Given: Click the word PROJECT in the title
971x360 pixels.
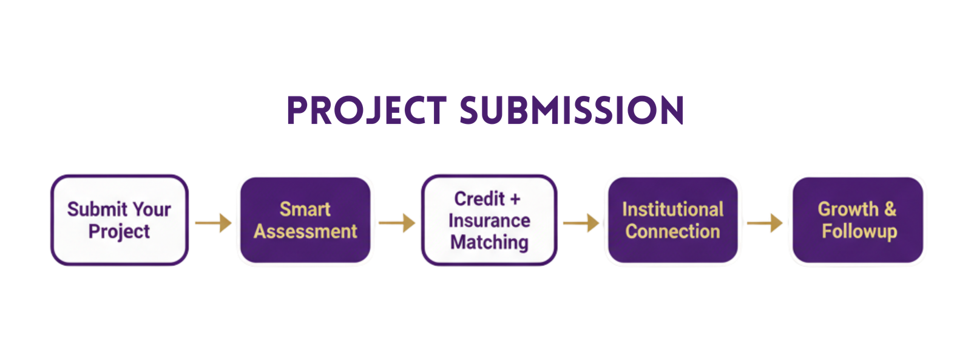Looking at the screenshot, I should coord(366,111).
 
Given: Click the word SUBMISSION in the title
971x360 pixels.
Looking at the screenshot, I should coord(572,111).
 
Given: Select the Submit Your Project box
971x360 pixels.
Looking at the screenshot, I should coord(119,220).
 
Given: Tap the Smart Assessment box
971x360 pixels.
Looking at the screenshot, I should coord(305,220).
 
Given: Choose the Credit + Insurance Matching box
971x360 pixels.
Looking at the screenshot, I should coord(489,220).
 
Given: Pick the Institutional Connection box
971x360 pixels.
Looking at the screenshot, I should coord(672,220).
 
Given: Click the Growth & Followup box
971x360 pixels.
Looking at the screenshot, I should coord(858,220).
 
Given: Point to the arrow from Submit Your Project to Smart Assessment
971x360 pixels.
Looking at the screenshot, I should coord(213,223).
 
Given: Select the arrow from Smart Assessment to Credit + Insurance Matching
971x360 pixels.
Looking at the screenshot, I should coord(397,223).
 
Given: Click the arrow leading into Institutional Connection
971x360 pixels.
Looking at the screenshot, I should coord(581,223).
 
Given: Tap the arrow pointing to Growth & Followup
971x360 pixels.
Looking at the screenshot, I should coord(764,223).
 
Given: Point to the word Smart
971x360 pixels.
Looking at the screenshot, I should coord(305,209).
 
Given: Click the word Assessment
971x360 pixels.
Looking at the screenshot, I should coord(305,231).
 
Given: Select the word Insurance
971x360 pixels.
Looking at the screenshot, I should coord(489,220).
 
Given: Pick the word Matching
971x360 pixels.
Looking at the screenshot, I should coord(489,242).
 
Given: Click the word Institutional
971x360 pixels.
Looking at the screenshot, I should coord(672,209).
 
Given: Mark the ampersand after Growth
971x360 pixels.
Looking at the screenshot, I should coord(890,209).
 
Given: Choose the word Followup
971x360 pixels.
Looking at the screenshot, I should coord(859,231).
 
